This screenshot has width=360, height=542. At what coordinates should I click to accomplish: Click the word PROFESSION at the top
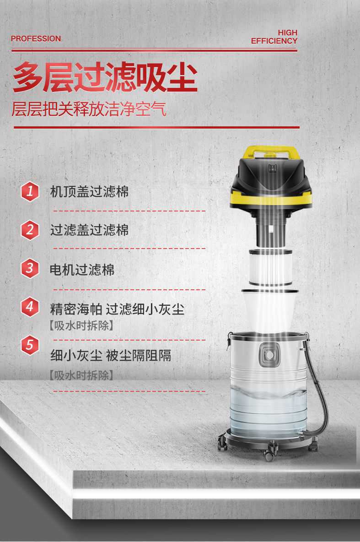[36, 39]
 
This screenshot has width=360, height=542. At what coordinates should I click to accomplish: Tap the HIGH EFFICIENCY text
[274, 37]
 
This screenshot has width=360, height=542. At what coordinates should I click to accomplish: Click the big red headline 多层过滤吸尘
[105, 78]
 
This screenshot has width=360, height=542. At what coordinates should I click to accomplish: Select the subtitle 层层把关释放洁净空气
[89, 110]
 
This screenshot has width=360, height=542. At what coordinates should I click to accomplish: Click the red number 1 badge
[30, 191]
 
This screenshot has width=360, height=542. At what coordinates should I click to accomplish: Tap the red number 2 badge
[30, 229]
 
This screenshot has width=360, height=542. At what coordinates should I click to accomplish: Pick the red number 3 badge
[30, 268]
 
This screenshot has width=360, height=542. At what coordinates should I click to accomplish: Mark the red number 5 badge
[30, 345]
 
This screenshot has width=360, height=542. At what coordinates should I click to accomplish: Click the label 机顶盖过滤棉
[89, 191]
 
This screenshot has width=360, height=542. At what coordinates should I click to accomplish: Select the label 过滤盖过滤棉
[89, 230]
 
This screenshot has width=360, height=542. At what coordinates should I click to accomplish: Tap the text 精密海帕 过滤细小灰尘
[117, 309]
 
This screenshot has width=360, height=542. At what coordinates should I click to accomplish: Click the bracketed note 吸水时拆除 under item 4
[81, 326]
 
